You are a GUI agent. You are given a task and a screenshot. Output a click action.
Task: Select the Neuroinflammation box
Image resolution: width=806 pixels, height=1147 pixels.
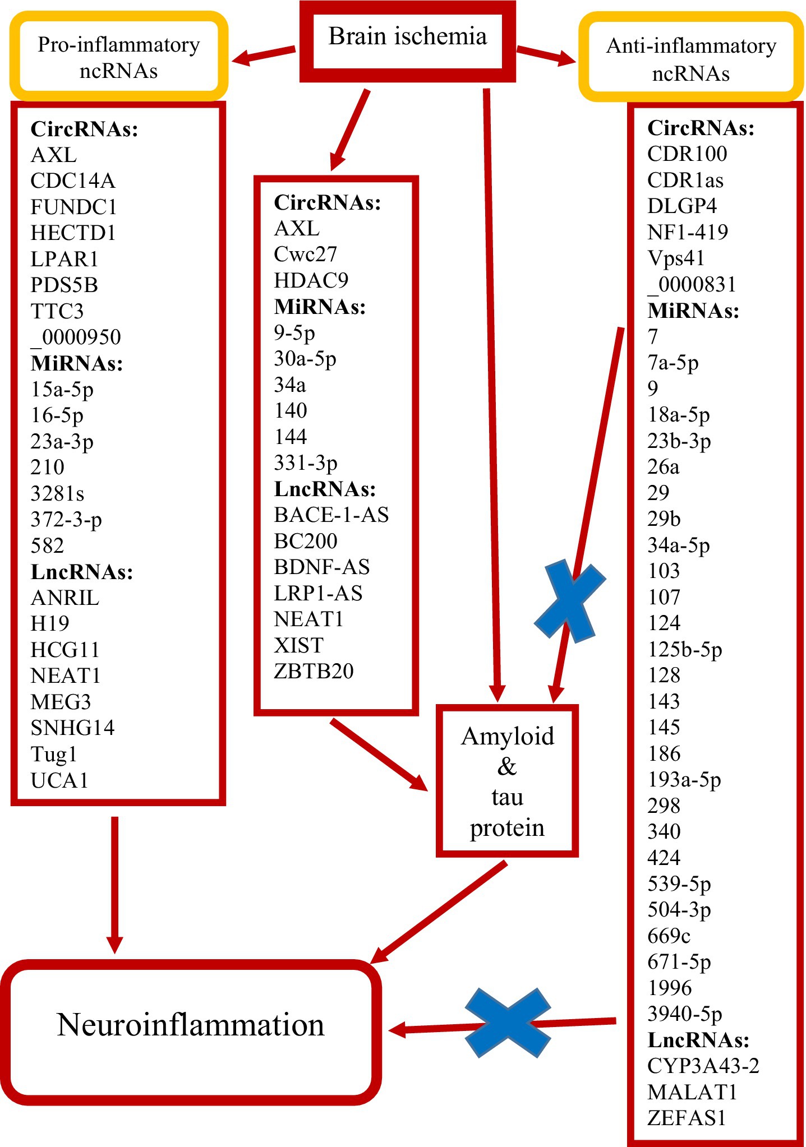tap(191, 1025)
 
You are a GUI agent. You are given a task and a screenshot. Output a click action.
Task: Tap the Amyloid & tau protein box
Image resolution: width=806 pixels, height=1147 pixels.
tap(507, 780)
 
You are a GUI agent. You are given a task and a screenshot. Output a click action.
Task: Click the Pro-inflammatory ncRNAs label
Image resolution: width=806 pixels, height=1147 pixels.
tap(119, 57)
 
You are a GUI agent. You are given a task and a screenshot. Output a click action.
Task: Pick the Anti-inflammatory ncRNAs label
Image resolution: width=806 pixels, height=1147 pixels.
tap(691, 59)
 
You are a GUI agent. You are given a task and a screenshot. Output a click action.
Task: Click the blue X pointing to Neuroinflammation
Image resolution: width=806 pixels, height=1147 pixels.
tap(508, 1023)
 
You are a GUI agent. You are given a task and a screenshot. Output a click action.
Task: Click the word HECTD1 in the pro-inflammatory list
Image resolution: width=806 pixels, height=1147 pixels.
tap(73, 233)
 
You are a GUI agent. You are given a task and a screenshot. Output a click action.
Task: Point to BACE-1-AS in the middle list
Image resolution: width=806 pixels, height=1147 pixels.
tap(331, 515)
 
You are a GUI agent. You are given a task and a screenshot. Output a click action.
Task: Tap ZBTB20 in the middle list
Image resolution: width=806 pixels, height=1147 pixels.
tap(314, 671)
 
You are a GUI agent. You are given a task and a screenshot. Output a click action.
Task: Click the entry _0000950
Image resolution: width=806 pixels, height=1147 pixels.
tap(76, 337)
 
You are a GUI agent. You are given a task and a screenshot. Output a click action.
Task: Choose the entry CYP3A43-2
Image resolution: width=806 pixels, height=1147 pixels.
tap(703, 1066)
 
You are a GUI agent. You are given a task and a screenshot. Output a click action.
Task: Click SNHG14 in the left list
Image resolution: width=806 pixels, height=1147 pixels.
tap(72, 728)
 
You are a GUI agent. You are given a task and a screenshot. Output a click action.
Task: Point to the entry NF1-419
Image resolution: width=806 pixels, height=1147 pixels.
tap(687, 232)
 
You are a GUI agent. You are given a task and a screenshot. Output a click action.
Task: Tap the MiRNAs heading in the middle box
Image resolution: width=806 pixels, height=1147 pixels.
tap(320, 307)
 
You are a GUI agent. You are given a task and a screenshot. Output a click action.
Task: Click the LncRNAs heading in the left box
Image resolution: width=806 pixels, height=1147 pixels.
tap(82, 572)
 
